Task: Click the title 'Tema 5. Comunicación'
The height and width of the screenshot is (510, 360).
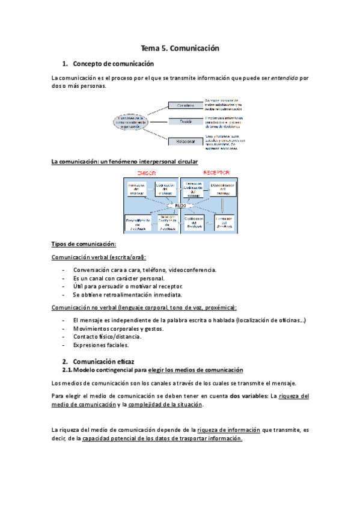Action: (x=180, y=48)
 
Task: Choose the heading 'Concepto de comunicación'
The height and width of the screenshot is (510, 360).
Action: (x=113, y=64)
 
